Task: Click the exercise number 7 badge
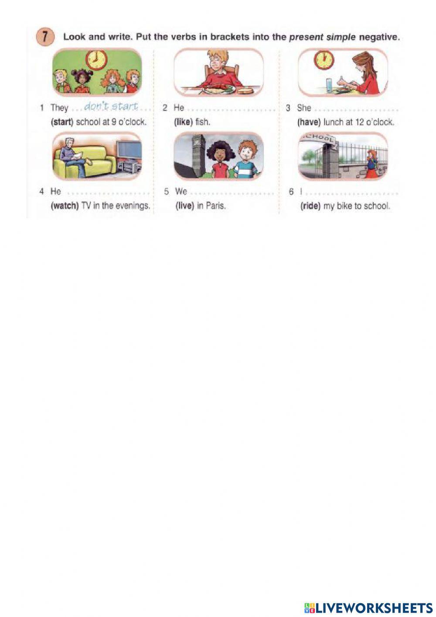pyautogui.click(x=44, y=38)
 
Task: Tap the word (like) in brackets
pyautogui.click(x=183, y=122)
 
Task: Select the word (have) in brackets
pyautogui.click(x=309, y=122)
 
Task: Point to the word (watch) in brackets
pyautogui.click(x=65, y=206)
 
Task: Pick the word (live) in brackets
pyautogui.click(x=185, y=206)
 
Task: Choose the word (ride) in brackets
pyautogui.click(x=310, y=206)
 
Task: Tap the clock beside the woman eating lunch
pyautogui.click(x=324, y=60)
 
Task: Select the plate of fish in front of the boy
pyautogui.click(x=219, y=89)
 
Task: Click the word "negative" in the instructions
pyautogui.click(x=379, y=37)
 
